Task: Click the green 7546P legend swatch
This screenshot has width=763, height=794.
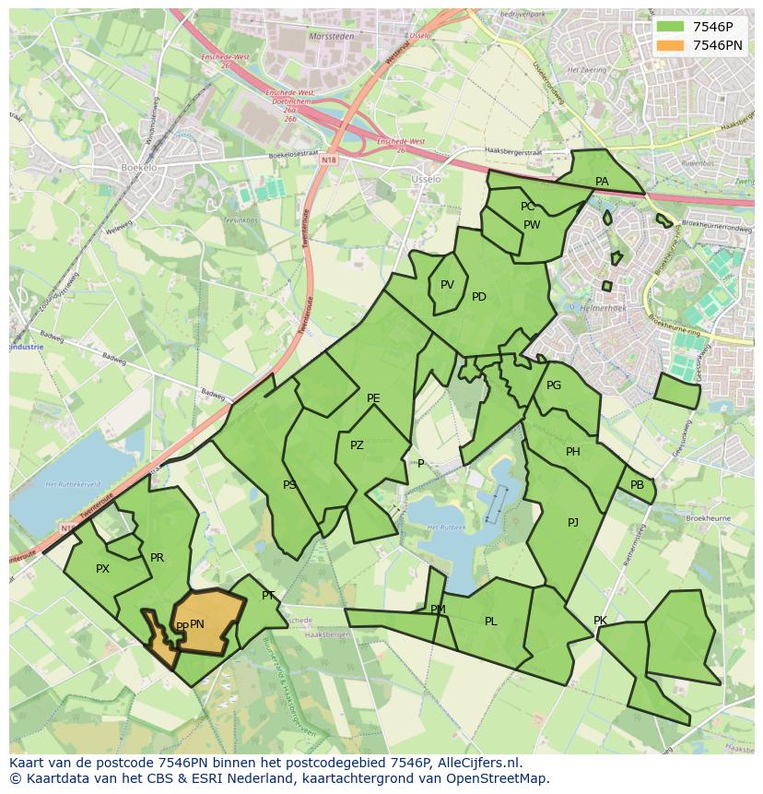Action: click(670, 28)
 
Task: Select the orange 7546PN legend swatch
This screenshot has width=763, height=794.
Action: click(670, 45)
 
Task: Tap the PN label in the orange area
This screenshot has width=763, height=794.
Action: click(197, 624)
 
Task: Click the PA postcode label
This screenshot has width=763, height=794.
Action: click(602, 182)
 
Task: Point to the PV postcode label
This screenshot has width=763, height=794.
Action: click(447, 285)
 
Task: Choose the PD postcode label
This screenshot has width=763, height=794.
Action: click(479, 297)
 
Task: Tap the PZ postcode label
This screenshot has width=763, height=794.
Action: click(357, 445)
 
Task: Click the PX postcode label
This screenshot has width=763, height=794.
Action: click(102, 569)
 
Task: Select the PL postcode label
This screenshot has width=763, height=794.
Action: click(490, 622)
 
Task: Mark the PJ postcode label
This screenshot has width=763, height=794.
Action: click(573, 523)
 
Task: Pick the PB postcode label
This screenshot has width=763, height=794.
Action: click(637, 485)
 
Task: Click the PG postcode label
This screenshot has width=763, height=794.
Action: click(554, 385)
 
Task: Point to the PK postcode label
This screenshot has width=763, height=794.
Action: click(600, 621)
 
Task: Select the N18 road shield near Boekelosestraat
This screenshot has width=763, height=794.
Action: click(329, 160)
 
